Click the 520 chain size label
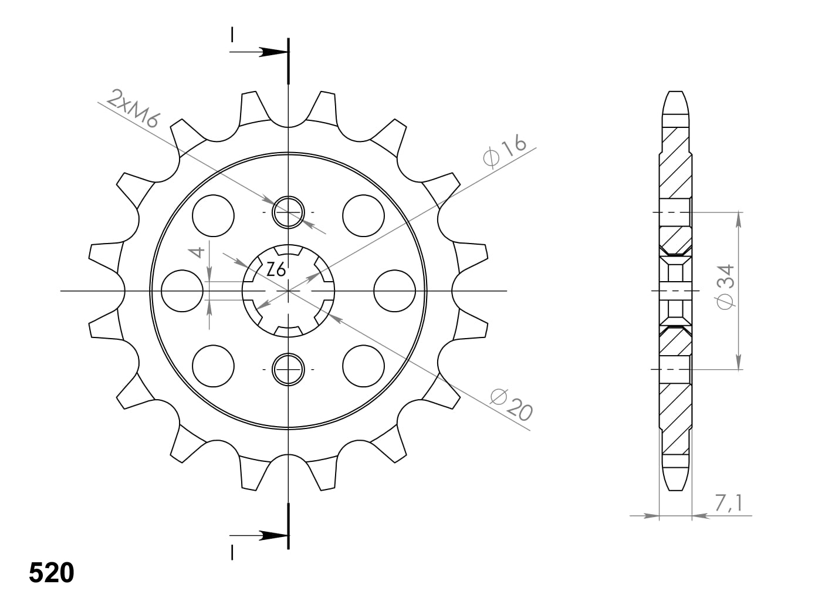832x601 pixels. click(x=52, y=573)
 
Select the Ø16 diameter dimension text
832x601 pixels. click(x=504, y=152)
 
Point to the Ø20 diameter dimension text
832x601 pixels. click(x=512, y=405)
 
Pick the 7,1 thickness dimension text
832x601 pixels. click(x=729, y=503)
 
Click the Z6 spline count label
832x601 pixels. click(x=276, y=270)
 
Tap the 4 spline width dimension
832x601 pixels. click(x=198, y=252)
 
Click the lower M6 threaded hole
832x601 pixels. click(x=288, y=369)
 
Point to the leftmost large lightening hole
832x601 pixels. click(x=182, y=291)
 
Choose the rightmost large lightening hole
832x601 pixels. click(x=394, y=291)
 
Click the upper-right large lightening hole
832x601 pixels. click(x=363, y=215)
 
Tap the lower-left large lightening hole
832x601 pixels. click(x=213, y=366)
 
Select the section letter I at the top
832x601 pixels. click(x=232, y=35)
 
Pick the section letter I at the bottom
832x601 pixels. click(x=232, y=553)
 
